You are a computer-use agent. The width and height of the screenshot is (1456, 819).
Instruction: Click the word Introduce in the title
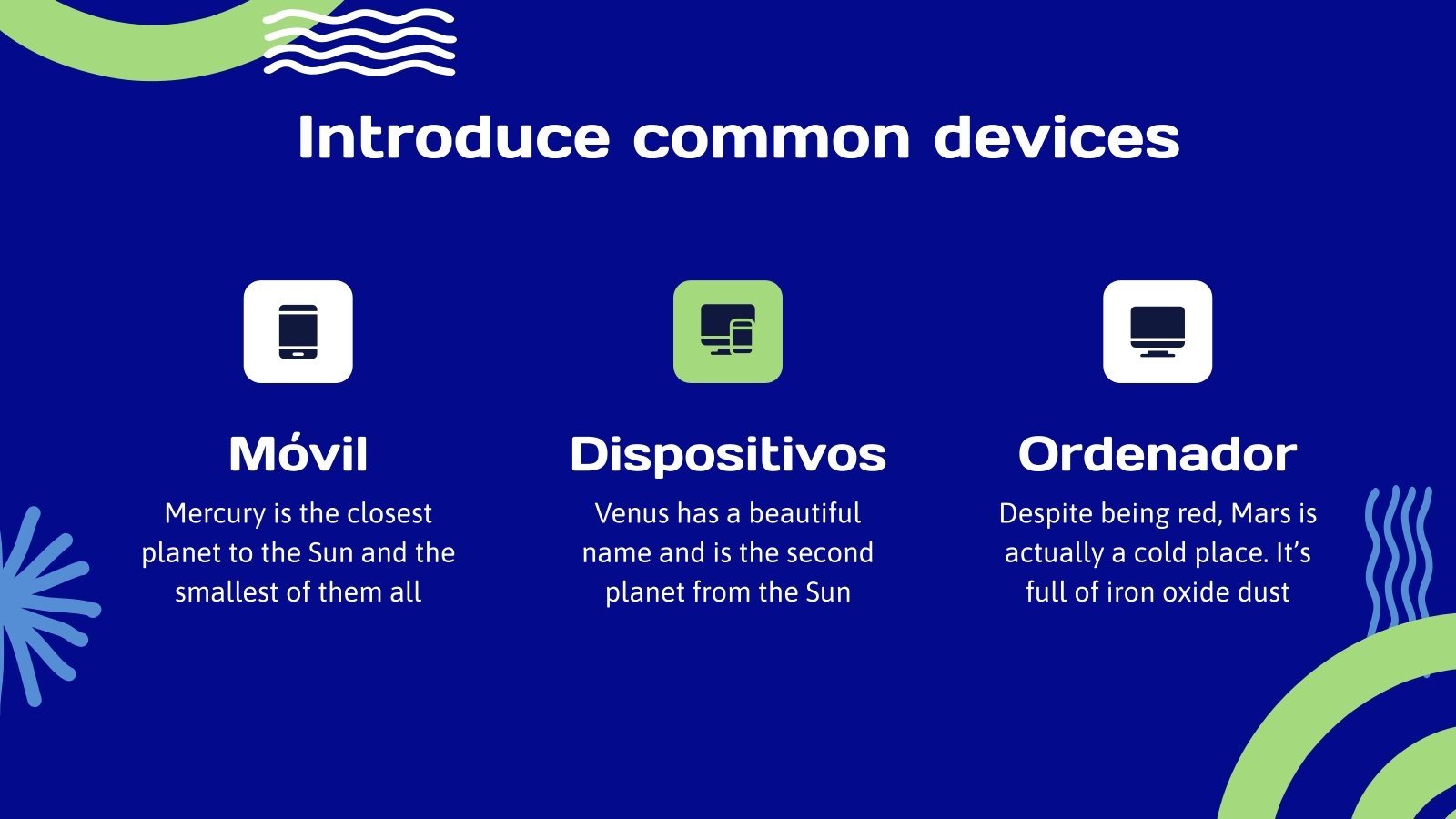coord(452,137)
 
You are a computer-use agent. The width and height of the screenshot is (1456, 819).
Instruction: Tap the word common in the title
coord(771,137)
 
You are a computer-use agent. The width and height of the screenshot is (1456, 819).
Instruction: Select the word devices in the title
coord(1057,137)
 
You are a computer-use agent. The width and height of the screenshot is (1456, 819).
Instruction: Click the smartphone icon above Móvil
coord(298,331)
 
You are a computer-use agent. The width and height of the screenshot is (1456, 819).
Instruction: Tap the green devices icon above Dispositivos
coord(728,331)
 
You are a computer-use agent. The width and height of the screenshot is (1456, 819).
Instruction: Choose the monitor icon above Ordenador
coord(1158,331)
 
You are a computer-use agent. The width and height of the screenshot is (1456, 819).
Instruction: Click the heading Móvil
coord(298,454)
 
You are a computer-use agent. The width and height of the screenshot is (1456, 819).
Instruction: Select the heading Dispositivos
coord(728,454)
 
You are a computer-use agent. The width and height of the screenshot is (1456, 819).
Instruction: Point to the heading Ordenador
coord(1158,454)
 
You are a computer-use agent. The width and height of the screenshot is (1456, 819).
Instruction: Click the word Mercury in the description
coord(215,514)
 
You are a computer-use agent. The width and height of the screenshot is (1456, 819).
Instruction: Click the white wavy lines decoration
coord(359,42)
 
